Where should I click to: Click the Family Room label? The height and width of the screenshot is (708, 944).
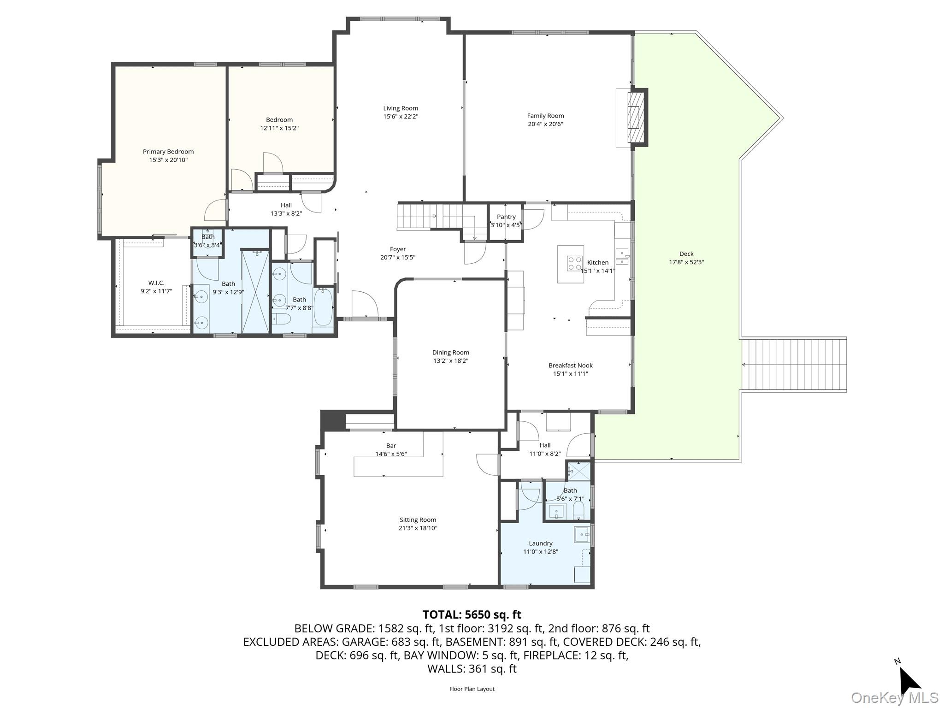pyautogui.click(x=545, y=116)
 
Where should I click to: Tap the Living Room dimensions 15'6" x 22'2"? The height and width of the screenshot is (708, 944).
pyautogui.click(x=401, y=117)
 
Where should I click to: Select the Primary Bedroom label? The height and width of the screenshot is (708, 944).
pyautogui.click(x=168, y=152)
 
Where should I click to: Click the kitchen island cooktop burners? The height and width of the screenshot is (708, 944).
pyautogui.click(x=575, y=263)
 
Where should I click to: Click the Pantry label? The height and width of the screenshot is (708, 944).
pyautogui.click(x=506, y=217)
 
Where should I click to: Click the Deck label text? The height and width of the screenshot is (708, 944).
pyautogui.click(x=686, y=254)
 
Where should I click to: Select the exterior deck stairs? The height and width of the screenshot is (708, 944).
pyautogui.click(x=793, y=365)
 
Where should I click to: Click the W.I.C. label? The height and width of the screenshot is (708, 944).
pyautogui.click(x=156, y=283)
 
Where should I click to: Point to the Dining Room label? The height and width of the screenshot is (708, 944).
pyautogui.click(x=451, y=353)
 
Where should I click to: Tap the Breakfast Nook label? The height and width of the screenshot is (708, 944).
pyautogui.click(x=571, y=366)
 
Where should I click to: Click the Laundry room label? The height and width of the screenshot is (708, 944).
pyautogui.click(x=541, y=543)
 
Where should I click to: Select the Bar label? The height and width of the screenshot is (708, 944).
pyautogui.click(x=391, y=446)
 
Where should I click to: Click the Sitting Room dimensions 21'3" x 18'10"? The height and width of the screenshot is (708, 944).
pyautogui.click(x=418, y=528)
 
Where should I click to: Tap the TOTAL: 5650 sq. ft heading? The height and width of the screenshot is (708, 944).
pyautogui.click(x=472, y=614)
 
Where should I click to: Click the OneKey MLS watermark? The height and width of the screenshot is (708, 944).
pyautogui.click(x=895, y=697)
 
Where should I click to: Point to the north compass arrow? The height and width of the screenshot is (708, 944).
pyautogui.click(x=909, y=680)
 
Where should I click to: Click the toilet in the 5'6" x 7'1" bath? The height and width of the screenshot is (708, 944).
pyautogui.click(x=578, y=510)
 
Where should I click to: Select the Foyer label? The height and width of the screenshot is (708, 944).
pyautogui.click(x=398, y=249)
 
